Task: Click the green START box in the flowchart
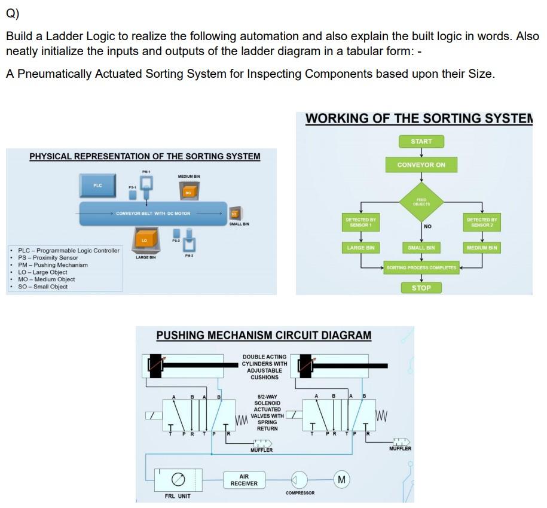pos(421,141)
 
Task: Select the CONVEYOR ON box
pos(421,165)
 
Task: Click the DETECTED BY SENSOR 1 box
pos(360,223)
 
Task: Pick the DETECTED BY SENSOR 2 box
pos(482,223)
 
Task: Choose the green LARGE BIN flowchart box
pos(360,247)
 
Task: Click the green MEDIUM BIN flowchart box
pos(482,247)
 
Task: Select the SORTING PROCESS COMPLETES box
pos(421,267)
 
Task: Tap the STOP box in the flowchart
pos(421,288)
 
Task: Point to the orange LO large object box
pos(143,238)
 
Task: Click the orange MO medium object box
pos(188,191)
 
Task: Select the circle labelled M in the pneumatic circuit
pos(341,479)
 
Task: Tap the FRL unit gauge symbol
pos(177,479)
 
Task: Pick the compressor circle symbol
pos(299,479)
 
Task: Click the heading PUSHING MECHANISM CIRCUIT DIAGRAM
pos(264,336)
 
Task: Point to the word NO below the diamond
pos(427,227)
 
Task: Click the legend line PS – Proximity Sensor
pos(48,257)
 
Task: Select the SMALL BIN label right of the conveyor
pos(239,224)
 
